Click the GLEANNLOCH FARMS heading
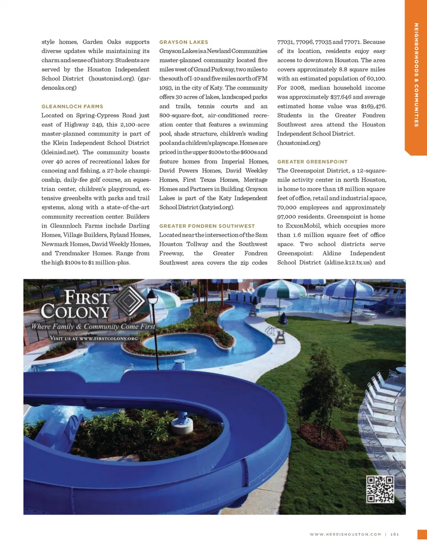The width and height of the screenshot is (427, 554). click(x=72, y=106)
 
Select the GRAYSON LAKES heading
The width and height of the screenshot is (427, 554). click(x=184, y=42)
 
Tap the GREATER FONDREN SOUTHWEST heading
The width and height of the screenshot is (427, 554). click(x=207, y=226)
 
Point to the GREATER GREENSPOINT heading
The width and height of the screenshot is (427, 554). click(x=312, y=162)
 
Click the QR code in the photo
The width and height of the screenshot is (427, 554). click(x=380, y=489)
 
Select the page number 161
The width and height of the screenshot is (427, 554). click(x=395, y=534)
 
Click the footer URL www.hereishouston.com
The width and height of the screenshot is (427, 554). click(x=345, y=534)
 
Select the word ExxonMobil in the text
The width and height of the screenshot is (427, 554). click(x=303, y=226)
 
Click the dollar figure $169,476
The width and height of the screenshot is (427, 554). click(x=373, y=106)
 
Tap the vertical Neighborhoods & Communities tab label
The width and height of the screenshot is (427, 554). click(x=416, y=75)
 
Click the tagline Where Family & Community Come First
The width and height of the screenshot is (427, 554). click(x=93, y=327)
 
